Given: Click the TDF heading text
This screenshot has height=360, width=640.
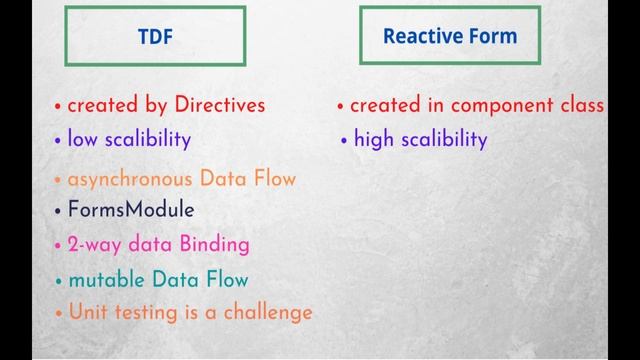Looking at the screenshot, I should click(154, 37).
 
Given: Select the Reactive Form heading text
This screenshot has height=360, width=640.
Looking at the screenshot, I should click(450, 37).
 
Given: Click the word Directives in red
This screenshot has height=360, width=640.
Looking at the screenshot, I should click(220, 105).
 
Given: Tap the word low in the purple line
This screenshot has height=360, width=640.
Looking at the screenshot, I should click(81, 139).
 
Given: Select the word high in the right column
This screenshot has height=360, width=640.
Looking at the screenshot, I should click(374, 139).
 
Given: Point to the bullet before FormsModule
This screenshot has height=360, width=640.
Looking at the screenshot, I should click(58, 211).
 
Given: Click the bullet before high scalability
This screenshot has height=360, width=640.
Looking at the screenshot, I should click(344, 140).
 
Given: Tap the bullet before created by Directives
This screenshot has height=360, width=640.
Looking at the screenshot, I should click(58, 106).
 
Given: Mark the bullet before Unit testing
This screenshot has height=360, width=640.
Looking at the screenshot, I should click(58, 313).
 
